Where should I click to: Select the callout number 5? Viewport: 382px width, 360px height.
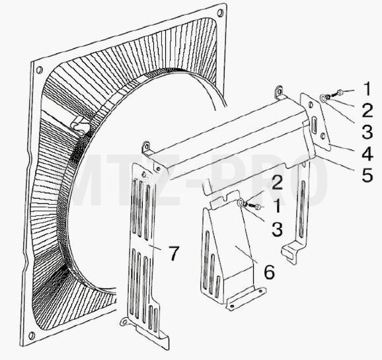(367, 174)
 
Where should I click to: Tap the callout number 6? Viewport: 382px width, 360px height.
(270, 271)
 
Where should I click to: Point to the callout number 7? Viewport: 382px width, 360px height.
(174, 253)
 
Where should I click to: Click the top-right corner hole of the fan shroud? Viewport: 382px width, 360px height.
(220, 12)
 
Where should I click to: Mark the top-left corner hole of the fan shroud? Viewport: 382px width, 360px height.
(39, 70)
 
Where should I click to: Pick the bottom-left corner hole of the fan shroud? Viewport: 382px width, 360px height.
(32, 336)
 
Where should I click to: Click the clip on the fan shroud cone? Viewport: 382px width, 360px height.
(79, 126)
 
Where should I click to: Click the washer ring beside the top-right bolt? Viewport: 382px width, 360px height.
(324, 98)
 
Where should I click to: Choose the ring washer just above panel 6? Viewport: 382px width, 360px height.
(241, 203)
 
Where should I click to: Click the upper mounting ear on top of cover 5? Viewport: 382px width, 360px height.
(279, 91)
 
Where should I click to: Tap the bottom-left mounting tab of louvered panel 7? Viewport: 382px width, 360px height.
(125, 322)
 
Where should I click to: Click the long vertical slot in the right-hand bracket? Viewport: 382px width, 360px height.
(302, 209)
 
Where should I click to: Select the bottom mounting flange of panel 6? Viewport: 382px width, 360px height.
(246, 299)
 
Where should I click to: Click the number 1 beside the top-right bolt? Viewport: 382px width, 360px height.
(367, 89)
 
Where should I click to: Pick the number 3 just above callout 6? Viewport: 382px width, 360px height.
(278, 229)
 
